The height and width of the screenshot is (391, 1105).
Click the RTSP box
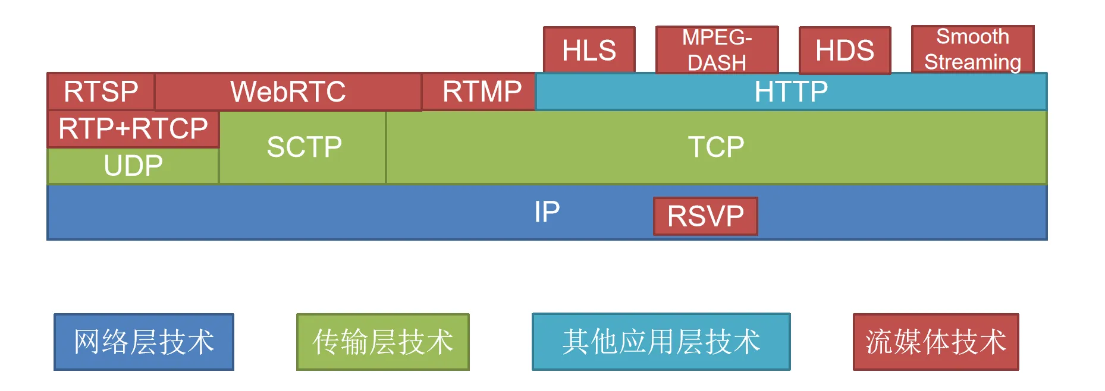101,92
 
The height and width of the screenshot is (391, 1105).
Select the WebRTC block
288,92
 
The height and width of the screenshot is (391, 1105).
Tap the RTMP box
481,92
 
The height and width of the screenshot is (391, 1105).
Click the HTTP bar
791,92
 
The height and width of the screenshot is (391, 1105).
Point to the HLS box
589,50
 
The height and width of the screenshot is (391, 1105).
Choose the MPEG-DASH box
717,50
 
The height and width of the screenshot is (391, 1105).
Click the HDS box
845,50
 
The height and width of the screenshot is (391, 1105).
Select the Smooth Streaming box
972,49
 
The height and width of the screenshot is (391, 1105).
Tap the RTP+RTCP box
133,128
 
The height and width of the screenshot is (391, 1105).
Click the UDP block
133,166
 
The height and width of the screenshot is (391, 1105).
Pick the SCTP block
304,147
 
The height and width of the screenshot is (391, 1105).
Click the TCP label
716,147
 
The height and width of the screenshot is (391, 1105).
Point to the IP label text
547,212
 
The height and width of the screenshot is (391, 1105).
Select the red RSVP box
705,216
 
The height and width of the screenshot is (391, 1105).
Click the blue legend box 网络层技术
144,342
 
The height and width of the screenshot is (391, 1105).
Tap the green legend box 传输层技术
383,342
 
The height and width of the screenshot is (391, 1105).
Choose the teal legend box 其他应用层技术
661,342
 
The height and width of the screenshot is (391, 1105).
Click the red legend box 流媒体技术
936,342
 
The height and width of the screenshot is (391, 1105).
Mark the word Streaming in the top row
972,62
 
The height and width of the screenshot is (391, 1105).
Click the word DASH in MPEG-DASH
717,62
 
